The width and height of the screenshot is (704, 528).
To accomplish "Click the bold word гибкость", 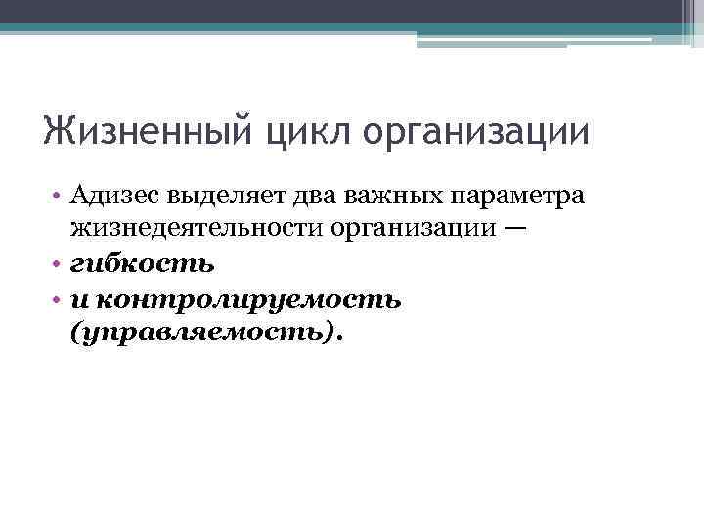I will point(143,264).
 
